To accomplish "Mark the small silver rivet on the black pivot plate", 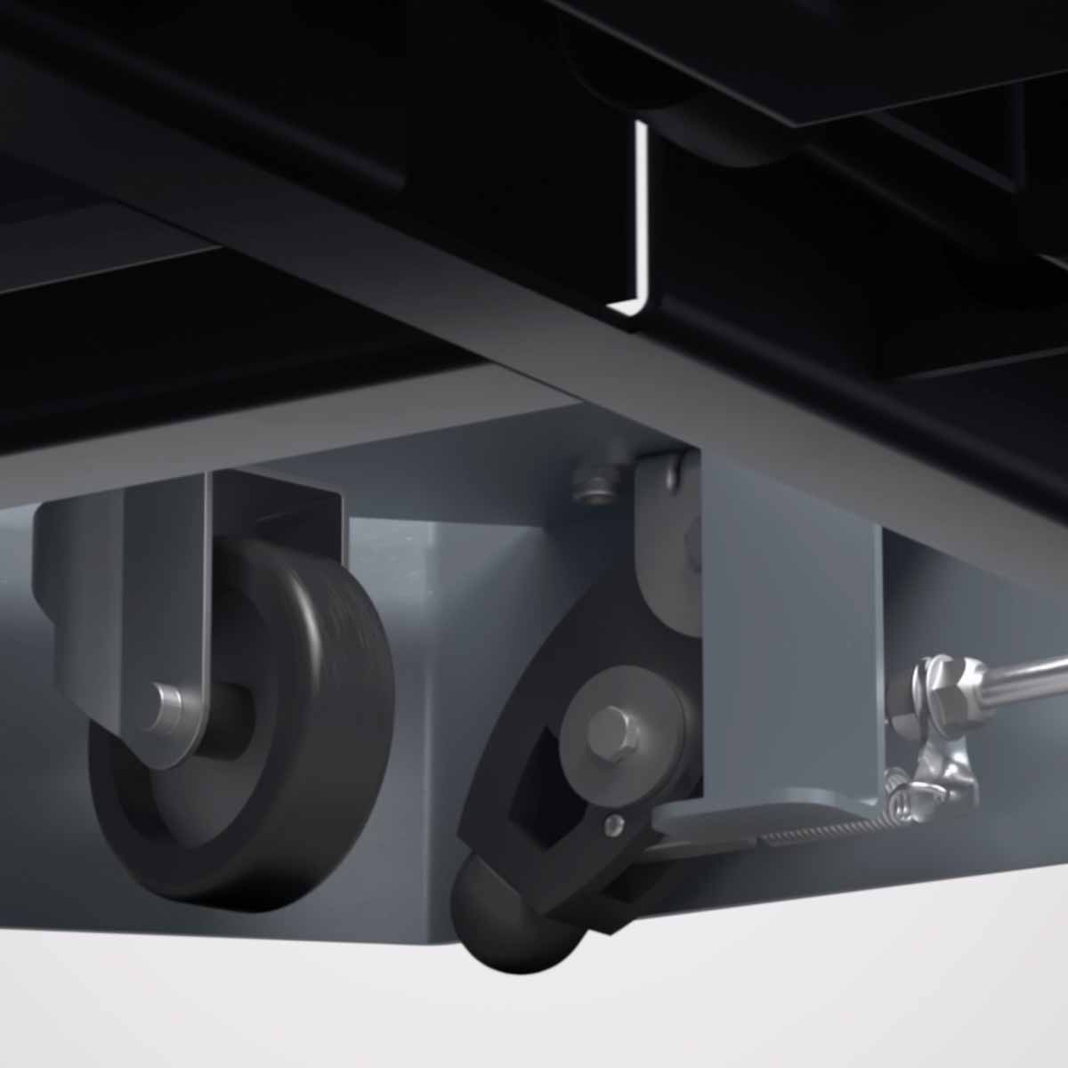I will [x=611, y=826].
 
